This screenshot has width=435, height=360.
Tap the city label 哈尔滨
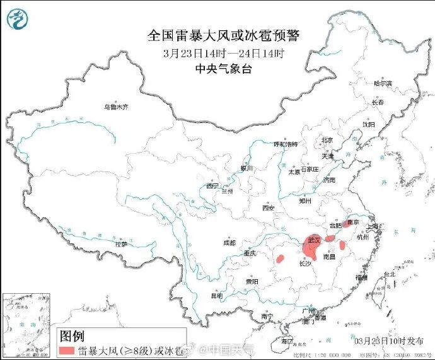382,83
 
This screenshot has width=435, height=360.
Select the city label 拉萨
120,243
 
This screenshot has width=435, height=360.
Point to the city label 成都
228,243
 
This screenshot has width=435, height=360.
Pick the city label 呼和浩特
285,144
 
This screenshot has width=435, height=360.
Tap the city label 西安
269,207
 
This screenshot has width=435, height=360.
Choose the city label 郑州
306,201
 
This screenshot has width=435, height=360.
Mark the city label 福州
361,277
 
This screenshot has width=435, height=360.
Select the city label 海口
287,340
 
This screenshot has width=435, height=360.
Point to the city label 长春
378,102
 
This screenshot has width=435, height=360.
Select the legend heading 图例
71,335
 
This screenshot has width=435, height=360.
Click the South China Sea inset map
27,325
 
